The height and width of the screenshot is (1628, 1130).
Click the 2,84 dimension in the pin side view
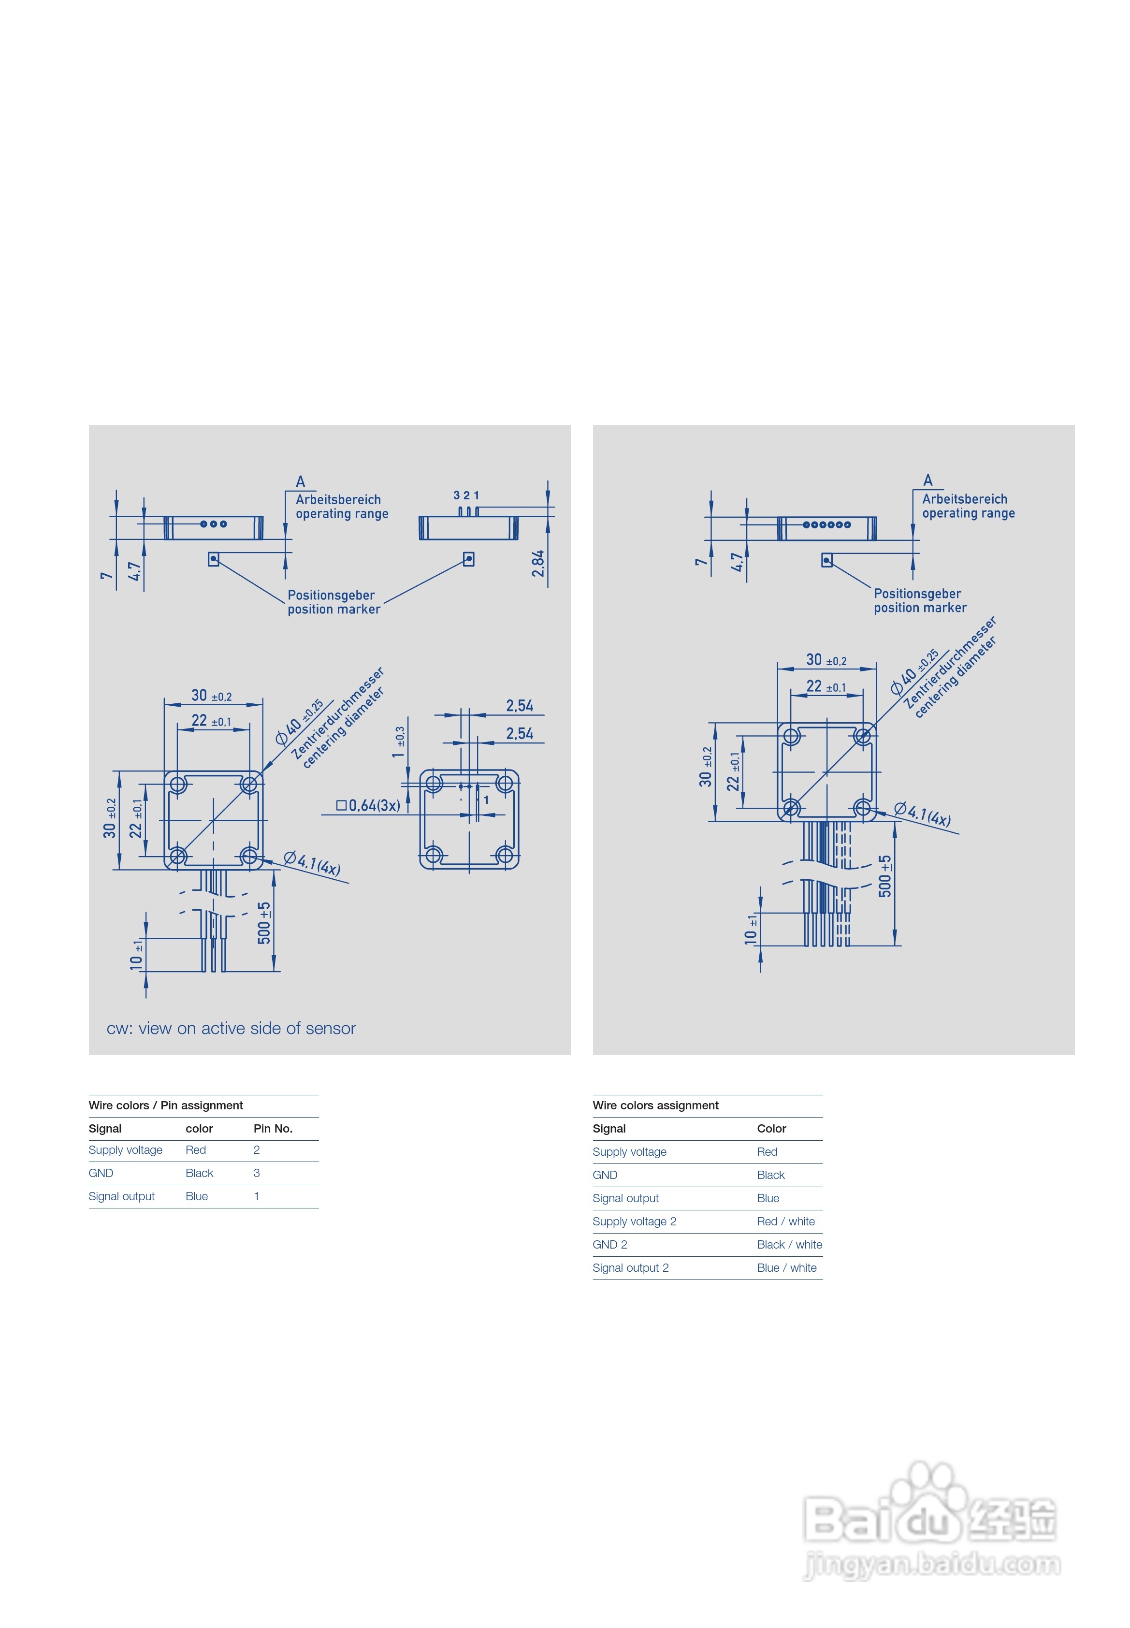[x=538, y=563]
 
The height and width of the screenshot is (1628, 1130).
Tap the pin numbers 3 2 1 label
[x=466, y=495]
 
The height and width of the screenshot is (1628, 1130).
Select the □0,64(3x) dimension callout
[x=368, y=805]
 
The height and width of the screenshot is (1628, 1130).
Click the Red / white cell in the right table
[x=786, y=1221]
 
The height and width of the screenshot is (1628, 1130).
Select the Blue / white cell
[x=787, y=1267]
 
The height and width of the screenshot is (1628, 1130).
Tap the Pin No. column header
[x=273, y=1129]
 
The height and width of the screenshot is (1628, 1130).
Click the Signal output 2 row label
[x=630, y=1267]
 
